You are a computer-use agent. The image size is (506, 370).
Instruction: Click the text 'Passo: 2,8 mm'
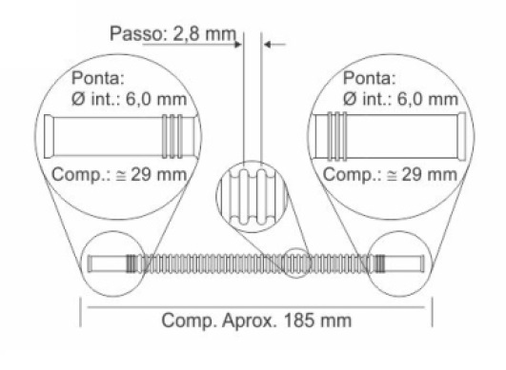pos(173,34)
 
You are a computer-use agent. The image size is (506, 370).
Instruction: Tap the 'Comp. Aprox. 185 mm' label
pos(256,321)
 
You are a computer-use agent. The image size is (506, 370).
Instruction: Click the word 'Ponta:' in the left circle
pos(98,78)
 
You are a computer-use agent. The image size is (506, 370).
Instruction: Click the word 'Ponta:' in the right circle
pos(369,78)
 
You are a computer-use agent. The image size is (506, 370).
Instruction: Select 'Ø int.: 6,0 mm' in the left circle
pos(129,99)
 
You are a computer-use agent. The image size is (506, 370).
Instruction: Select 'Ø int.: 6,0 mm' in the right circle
pos(400,99)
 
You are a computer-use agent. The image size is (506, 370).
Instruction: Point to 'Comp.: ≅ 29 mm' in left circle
pos(119,174)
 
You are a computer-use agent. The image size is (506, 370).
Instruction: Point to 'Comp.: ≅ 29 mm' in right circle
pos(390,174)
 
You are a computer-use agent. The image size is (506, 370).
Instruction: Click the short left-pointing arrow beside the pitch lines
pos(274,44)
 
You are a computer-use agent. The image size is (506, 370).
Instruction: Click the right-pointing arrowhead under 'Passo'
pos(238,44)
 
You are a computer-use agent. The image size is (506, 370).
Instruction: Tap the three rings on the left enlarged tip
pos(172,136)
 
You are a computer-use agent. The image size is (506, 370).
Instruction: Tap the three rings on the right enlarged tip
pos(337,136)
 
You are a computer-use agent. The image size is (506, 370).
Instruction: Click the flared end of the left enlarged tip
pos(49,136)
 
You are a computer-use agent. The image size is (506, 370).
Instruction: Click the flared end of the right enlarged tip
pos(462,136)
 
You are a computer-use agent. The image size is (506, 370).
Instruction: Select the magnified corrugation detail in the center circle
pos(252,197)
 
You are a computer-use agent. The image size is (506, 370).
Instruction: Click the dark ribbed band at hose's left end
pos(131,263)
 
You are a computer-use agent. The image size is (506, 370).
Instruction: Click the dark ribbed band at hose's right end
pos(379,263)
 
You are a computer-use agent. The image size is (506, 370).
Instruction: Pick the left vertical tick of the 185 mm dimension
pos(80,312)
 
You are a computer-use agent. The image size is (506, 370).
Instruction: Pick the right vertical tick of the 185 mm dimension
pos(432,312)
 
